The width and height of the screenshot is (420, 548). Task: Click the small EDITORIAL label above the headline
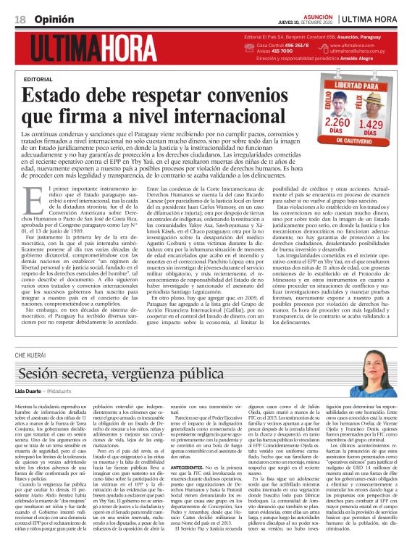[38, 78]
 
